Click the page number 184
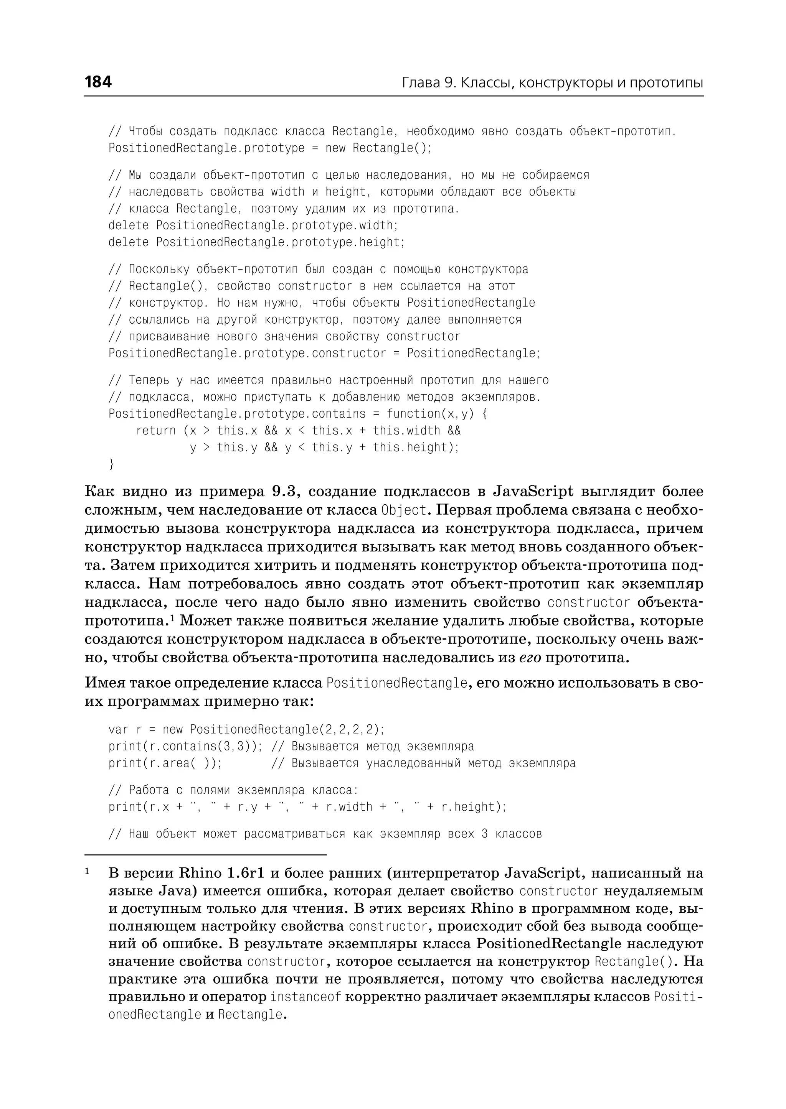pos(98,82)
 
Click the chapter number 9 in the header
pos(448,83)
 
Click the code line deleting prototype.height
pos(256,242)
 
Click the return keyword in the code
pos(156,430)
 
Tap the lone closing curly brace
pos(112,464)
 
